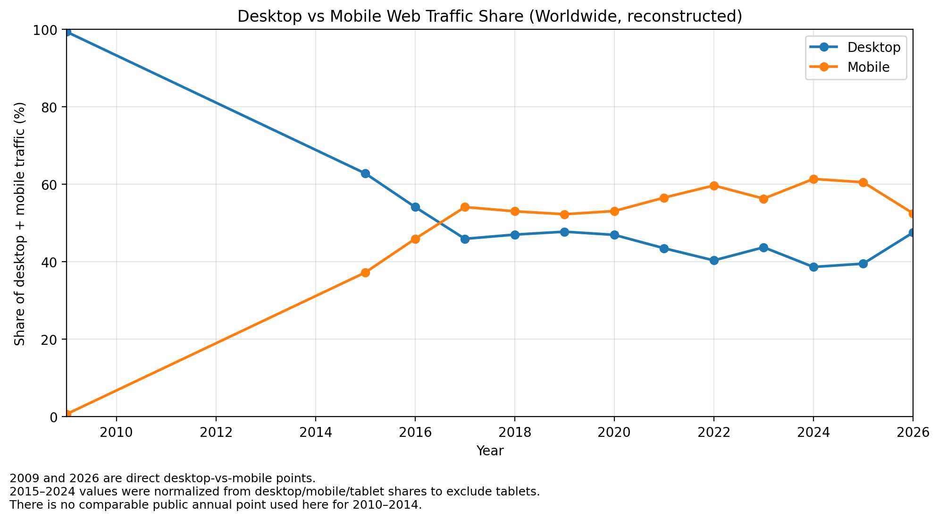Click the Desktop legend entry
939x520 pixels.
tap(873, 47)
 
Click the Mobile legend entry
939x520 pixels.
tap(868, 67)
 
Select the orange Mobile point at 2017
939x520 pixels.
tap(465, 207)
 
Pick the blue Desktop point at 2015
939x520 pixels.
tap(365, 173)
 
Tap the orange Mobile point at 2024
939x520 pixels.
tap(813, 179)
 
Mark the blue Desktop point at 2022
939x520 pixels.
tap(714, 260)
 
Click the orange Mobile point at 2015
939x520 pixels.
tap(365, 273)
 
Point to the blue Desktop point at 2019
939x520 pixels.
tap(564, 232)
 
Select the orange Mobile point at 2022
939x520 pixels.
tap(714, 186)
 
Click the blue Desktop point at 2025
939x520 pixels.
tap(863, 264)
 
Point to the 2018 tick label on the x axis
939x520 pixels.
tap(514, 432)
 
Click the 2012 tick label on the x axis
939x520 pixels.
tap(216, 432)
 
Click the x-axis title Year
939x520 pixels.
tap(490, 451)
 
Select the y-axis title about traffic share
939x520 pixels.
tap(19, 223)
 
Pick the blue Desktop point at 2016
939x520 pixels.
tap(415, 207)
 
